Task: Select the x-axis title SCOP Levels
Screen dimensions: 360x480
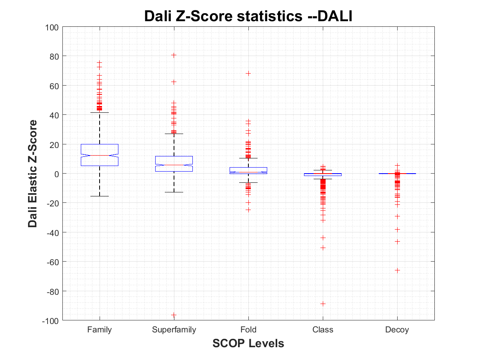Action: [248, 343]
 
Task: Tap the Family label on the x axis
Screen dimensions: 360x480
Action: [100, 330]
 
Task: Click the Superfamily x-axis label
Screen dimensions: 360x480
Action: [174, 330]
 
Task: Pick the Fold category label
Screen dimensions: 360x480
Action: [248, 330]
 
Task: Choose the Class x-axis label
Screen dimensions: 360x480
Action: [323, 330]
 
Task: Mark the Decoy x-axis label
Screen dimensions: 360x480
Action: [397, 330]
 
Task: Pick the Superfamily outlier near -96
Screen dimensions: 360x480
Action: [174, 315]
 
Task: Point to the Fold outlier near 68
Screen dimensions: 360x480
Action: [248, 74]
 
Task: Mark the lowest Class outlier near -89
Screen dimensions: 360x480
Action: [323, 304]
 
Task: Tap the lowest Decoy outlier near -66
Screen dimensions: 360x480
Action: [397, 270]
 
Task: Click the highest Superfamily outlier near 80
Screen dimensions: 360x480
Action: [174, 55]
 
